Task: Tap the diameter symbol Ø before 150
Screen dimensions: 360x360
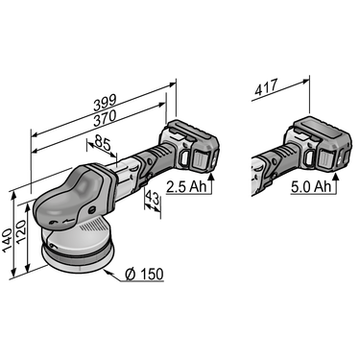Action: pos(130,275)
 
